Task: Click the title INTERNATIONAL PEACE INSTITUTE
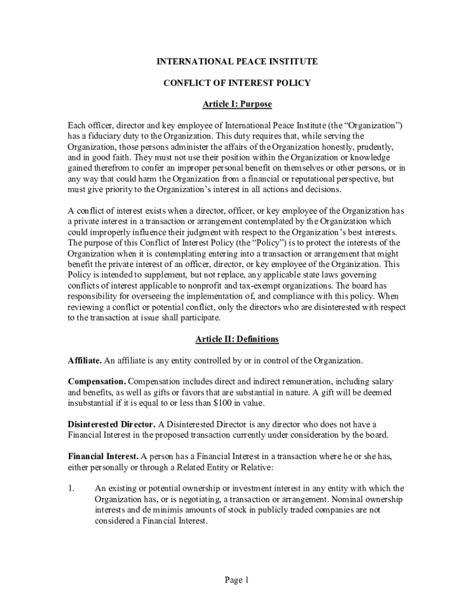237,62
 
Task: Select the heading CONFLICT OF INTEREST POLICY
237,83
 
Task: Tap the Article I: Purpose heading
237,104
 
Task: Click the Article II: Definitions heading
237,339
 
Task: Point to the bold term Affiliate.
85,360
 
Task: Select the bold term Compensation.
96,381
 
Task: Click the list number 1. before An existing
71,488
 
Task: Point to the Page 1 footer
236,579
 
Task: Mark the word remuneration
293,382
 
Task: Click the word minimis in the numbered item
160,510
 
